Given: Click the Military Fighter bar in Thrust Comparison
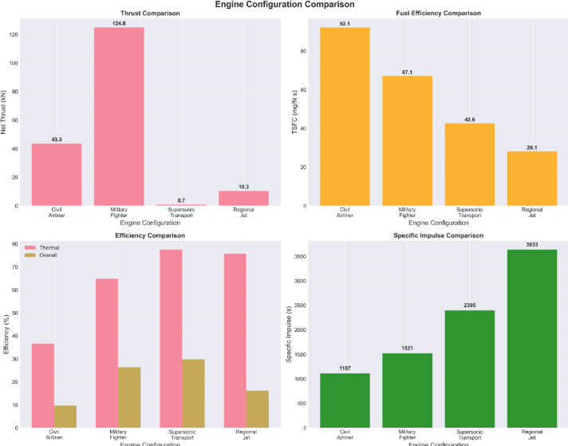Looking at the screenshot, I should [x=120, y=116].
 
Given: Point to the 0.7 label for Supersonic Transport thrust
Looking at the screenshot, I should [x=181, y=199].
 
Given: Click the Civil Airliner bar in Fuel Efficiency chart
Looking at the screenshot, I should [x=345, y=116].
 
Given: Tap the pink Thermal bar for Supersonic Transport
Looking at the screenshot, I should [x=170, y=338].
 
